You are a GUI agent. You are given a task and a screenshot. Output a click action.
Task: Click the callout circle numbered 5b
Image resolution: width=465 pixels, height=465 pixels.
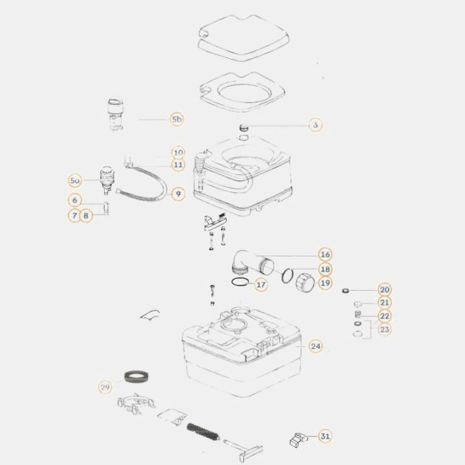pyautogui.click(x=177, y=119)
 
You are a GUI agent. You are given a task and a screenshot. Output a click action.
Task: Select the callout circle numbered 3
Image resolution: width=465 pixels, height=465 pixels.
pyautogui.click(x=316, y=125)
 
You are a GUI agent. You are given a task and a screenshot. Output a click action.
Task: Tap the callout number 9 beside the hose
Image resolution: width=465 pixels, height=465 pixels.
pyautogui.click(x=178, y=194)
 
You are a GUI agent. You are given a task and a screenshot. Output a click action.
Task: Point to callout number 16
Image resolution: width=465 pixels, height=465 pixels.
pyautogui.click(x=325, y=254)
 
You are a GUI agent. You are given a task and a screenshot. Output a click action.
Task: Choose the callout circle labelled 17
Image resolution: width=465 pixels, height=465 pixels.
pyautogui.click(x=261, y=285)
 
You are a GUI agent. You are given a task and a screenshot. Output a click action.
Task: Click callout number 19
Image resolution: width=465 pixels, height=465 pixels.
pyautogui.click(x=325, y=283)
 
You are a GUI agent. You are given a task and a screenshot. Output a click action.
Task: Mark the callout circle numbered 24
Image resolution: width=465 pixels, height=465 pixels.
pyautogui.click(x=316, y=346)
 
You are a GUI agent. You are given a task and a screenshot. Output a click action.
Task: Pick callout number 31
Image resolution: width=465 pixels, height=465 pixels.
pyautogui.click(x=325, y=436)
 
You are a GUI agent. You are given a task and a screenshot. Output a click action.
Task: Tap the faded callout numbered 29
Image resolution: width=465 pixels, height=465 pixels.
pyautogui.click(x=105, y=387)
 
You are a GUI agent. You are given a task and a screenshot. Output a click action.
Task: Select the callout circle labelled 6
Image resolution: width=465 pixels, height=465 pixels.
pyautogui.click(x=75, y=200)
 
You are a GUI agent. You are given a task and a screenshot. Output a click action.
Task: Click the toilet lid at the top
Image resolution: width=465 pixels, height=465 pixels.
pyautogui.click(x=243, y=38)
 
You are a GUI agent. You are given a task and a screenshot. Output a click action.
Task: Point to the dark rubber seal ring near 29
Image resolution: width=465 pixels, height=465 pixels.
pyautogui.click(x=136, y=377)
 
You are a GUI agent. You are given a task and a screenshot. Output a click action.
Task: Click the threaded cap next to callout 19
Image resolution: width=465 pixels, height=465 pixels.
pyautogui.click(x=305, y=282)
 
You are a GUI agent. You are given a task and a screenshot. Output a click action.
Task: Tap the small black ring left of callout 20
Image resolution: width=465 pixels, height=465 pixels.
pyautogui.click(x=346, y=291)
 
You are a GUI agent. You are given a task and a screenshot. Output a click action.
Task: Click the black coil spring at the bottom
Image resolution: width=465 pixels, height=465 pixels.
pyautogui.click(x=203, y=432)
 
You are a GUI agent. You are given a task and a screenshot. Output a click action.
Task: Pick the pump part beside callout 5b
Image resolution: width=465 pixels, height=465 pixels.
pyautogui.click(x=115, y=114)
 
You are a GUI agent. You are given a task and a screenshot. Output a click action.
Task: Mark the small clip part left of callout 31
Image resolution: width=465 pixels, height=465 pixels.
pyautogui.click(x=298, y=440)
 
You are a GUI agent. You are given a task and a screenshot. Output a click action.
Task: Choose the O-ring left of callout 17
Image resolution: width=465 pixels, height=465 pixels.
pyautogui.click(x=240, y=282)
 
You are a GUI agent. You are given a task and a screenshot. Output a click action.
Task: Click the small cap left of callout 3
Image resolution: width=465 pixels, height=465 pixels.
pyautogui.click(x=243, y=129)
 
